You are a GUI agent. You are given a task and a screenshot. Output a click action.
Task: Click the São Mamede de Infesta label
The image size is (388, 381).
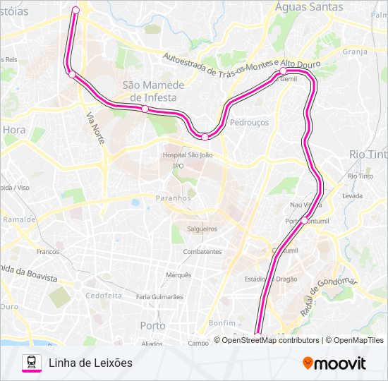pyautogui.click(x=153, y=91)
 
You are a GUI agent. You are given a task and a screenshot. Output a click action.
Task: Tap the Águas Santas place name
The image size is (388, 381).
pyautogui.click(x=310, y=7)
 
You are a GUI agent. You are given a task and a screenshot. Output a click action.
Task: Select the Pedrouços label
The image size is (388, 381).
pyautogui.click(x=249, y=122)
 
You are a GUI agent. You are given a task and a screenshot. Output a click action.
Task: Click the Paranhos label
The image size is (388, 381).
pyautogui.click(x=174, y=198)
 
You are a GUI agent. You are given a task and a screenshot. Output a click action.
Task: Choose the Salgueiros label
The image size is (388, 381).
pyautogui.click(x=202, y=229)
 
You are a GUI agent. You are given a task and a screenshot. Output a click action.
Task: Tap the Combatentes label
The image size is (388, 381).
pyautogui.click(x=202, y=252)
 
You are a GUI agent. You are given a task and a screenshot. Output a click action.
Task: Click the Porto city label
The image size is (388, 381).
pyautogui.click(x=153, y=326)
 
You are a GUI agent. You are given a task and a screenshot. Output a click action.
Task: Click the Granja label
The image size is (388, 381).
pyautogui.click(x=355, y=52)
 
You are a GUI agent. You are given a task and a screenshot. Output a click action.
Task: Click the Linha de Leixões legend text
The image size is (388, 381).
pyautogui.click(x=91, y=363)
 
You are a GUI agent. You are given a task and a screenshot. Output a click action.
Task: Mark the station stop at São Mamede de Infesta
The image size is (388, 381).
pyautogui.click(x=145, y=109)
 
